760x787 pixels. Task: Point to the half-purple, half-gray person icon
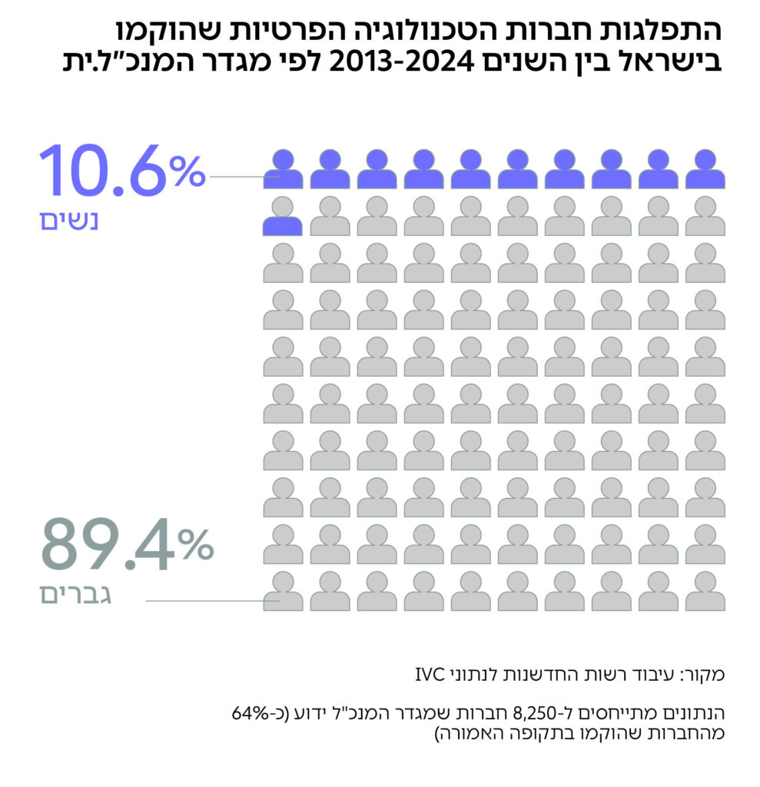click(x=283, y=216)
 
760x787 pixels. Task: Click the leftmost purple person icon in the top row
click(x=283, y=168)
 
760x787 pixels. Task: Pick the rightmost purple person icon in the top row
click(x=705, y=168)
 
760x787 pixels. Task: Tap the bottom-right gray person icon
click(x=705, y=592)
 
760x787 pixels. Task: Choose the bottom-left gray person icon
click(x=283, y=592)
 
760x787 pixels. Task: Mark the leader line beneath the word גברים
click(x=204, y=601)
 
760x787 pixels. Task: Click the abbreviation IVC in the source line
click(x=430, y=676)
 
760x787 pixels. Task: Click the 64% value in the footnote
click(x=247, y=712)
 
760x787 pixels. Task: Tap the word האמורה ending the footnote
click(x=469, y=732)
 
